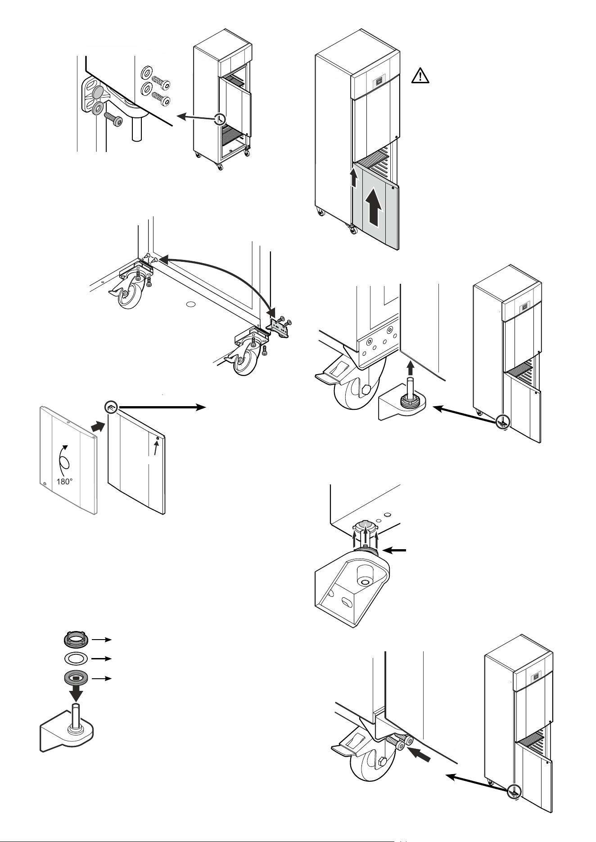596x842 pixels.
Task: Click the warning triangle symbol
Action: tap(420, 76)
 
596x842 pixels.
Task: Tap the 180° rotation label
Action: tap(65, 481)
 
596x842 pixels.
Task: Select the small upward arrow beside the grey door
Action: tap(354, 179)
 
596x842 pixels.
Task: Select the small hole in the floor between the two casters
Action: tap(191, 305)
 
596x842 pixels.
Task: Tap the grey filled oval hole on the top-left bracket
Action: tap(96, 92)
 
